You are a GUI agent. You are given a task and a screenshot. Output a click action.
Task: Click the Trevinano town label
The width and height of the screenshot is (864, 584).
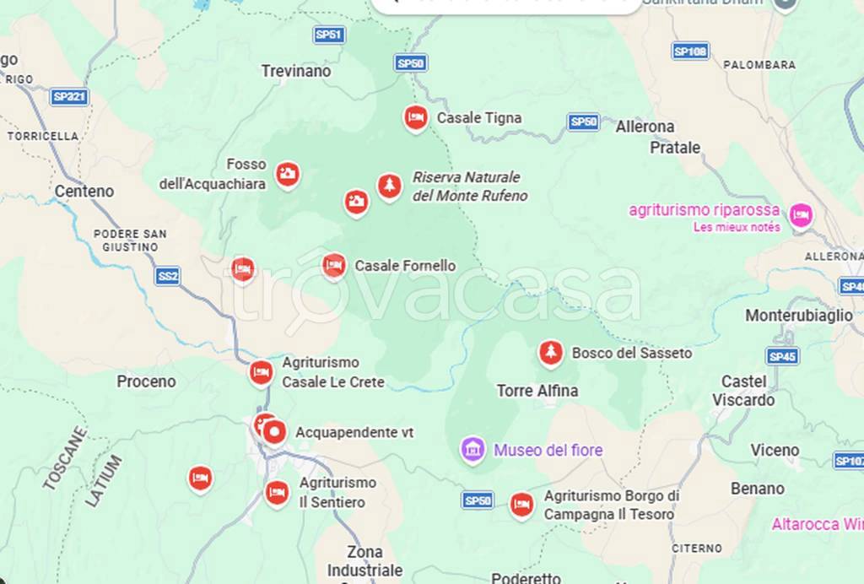click(296, 71)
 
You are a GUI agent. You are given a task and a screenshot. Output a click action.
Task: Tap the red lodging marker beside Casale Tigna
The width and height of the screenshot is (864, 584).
click(414, 117)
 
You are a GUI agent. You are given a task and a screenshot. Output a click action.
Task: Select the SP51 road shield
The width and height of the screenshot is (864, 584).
click(328, 35)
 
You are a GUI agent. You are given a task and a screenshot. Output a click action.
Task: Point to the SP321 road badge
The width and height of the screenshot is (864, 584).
click(69, 97)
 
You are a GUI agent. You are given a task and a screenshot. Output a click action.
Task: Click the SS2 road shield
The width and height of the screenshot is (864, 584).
click(167, 276)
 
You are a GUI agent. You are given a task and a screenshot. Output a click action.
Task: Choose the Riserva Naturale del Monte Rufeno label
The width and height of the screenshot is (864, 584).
click(469, 187)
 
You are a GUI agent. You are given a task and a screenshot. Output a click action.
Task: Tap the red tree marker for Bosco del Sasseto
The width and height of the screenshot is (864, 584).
click(551, 352)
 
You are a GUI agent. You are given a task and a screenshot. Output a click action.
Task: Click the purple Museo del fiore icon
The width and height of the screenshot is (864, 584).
click(472, 449)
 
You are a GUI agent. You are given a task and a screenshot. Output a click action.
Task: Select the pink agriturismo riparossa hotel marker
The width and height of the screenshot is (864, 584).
click(801, 216)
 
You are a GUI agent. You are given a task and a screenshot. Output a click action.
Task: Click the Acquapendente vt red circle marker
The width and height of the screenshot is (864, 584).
click(274, 432)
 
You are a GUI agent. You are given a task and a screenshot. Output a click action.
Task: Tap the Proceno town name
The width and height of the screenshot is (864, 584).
click(146, 381)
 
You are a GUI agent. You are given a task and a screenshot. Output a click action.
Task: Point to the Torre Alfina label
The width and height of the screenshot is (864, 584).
click(537, 391)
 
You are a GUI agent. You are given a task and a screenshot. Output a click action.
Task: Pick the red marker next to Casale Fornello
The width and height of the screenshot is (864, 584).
click(334, 266)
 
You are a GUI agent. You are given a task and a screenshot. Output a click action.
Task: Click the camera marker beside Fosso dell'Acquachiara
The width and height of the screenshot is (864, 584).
click(288, 174)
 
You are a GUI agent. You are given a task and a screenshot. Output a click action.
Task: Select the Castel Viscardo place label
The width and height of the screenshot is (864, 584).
click(743, 391)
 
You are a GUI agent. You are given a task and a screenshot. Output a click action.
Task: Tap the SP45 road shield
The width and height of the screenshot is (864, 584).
click(782, 356)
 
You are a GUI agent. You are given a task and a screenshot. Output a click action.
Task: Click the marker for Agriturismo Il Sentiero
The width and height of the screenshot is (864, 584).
click(277, 491)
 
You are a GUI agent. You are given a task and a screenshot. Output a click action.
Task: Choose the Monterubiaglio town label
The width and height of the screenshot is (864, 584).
click(799, 316)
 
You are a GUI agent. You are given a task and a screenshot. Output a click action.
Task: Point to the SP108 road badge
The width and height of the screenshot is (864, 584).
click(690, 51)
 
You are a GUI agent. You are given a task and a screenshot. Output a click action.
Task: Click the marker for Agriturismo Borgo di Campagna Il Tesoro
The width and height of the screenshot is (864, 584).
click(521, 505)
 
